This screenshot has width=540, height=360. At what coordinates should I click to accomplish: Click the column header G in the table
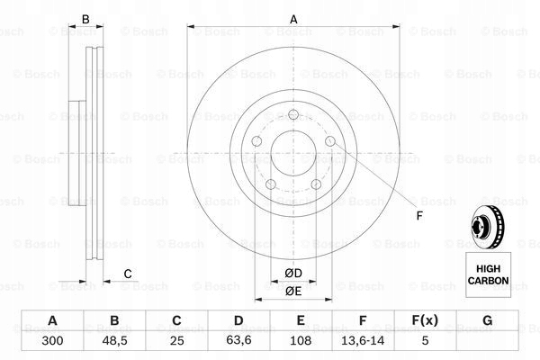pyautogui.click(x=487, y=321)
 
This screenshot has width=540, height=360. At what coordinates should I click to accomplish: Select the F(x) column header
pyautogui.click(x=425, y=321)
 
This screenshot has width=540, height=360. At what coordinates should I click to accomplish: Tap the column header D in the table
pyautogui.click(x=238, y=321)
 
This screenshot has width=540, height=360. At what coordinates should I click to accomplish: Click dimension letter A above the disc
pyautogui.click(x=293, y=19)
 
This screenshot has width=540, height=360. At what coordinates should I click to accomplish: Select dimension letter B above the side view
pyautogui.click(x=86, y=19)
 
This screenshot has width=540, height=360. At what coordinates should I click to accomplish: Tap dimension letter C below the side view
pyautogui.click(x=128, y=274)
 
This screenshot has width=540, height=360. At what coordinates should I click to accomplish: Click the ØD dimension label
pyautogui.click(x=293, y=273)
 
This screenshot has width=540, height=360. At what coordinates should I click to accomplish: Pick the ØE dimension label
pyautogui.click(x=293, y=290)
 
